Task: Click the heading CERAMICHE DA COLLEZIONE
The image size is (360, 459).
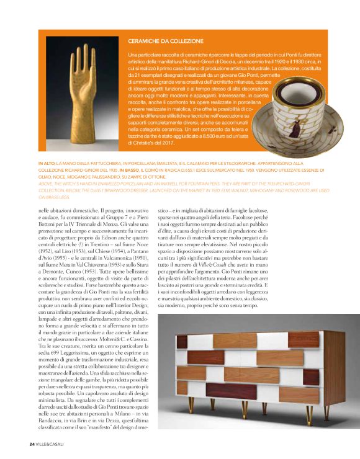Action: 165,42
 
